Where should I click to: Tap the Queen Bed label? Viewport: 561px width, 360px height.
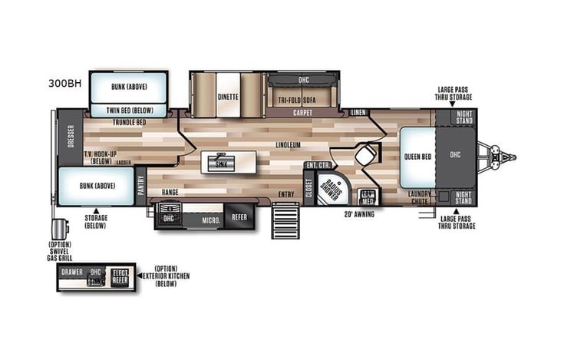click(417, 157)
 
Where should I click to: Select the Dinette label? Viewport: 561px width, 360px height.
click(228, 97)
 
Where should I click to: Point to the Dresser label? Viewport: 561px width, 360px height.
click(70, 140)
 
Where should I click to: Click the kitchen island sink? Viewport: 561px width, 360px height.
click(221, 163)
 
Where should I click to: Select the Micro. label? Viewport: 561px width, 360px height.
click(212, 220)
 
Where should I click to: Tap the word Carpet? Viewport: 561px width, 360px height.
click(302, 112)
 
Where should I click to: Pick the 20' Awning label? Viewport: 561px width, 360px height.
click(359, 214)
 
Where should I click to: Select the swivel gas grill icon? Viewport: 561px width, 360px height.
click(58, 231)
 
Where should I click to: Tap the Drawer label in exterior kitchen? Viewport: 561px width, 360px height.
click(73, 272)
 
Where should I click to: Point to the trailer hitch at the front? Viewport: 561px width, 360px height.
click(503, 157)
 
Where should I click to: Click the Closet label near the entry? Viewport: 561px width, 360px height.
click(309, 187)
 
